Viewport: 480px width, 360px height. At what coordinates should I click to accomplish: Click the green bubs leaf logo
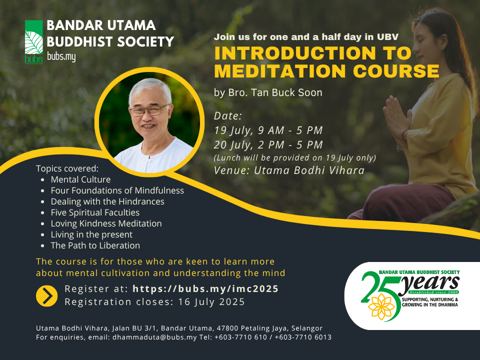pyautogui.click(x=33, y=42)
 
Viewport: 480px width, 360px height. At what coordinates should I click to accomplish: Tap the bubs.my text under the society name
pyautogui.click(x=61, y=57)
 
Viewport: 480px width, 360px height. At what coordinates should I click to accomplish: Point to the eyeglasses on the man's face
pyautogui.click(x=149, y=110)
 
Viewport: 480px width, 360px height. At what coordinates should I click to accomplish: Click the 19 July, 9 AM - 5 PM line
pyautogui.click(x=268, y=130)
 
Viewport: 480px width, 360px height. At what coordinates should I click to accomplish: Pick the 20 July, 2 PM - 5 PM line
pyautogui.click(x=268, y=145)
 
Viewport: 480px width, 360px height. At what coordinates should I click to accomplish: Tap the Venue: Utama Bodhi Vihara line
pyautogui.click(x=289, y=170)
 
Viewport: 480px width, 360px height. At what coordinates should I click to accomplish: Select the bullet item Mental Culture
pyautogui.click(x=80, y=179)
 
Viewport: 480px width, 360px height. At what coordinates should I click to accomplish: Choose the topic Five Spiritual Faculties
pyautogui.click(x=95, y=212)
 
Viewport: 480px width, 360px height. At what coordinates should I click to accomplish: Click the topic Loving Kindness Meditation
pyautogui.click(x=106, y=223)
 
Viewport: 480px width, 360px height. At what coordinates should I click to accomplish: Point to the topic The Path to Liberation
pyautogui.click(x=95, y=245)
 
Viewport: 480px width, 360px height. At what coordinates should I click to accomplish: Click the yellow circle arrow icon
pyautogui.click(x=46, y=296)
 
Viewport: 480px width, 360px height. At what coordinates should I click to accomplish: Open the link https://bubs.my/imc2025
pyautogui.click(x=205, y=288)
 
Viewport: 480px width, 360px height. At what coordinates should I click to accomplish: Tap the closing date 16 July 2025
pyautogui.click(x=211, y=302)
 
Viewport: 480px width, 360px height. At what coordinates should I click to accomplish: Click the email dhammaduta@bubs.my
pyautogui.click(x=154, y=337)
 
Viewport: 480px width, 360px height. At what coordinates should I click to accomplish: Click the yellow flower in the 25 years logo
pyautogui.click(x=381, y=306)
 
